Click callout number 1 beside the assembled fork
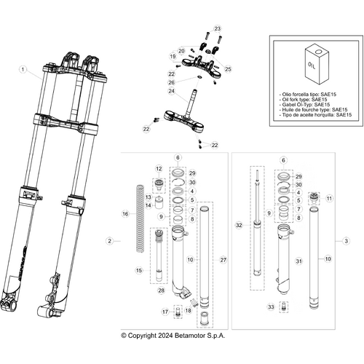click(23, 71)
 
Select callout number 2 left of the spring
click(108, 240)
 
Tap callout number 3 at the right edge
click(347, 240)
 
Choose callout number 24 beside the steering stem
click(171, 91)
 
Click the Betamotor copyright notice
click(173, 336)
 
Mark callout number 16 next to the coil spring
click(125, 214)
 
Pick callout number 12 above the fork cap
click(159, 169)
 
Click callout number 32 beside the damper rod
click(239, 226)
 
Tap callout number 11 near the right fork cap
click(328, 198)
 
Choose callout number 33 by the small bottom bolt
click(271, 308)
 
